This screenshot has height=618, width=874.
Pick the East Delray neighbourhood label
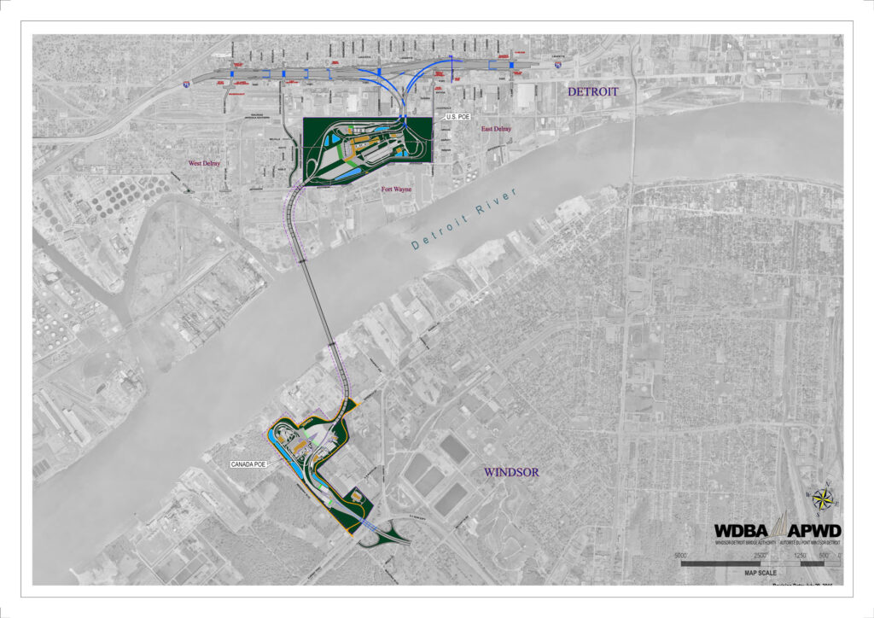[496, 129]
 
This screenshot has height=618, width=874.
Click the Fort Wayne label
[397, 189]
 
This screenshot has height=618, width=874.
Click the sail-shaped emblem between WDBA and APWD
[778, 527]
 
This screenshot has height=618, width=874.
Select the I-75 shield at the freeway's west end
[186, 86]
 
